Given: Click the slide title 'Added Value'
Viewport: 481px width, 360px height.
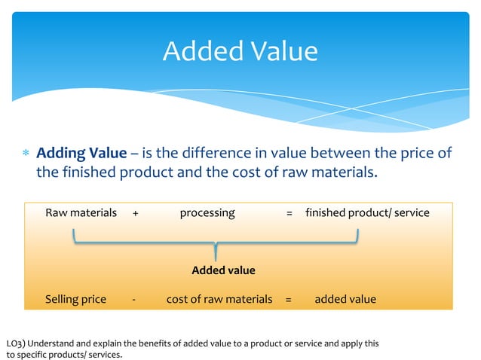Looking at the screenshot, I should tap(240, 51).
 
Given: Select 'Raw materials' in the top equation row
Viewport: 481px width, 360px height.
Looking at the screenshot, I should tap(81, 213).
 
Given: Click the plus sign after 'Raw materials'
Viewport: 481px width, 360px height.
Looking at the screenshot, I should tap(135, 213).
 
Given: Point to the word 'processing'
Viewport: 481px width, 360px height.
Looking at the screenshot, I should tap(207, 213).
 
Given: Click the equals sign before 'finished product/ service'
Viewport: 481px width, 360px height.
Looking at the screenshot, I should tap(290, 213).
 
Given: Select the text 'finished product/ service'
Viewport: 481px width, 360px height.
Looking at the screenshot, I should tap(367, 213).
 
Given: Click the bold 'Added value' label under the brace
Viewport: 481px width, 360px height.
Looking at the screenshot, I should tap(223, 270).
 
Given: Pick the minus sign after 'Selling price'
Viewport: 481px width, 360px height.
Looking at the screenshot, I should tap(133, 299).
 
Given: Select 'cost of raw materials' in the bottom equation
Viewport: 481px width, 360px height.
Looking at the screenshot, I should tap(219, 299).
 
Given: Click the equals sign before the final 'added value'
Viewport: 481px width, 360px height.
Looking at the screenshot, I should tap(288, 299).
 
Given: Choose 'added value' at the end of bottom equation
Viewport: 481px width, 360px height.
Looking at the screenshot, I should tap(345, 299).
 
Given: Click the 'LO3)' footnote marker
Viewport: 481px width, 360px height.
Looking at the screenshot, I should tap(15, 343).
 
